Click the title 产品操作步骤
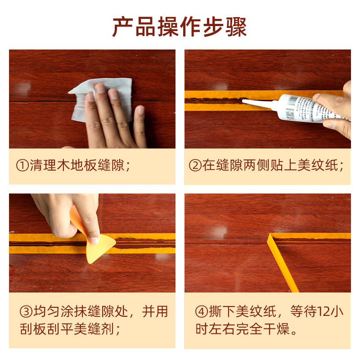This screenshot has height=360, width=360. click(x=180, y=27)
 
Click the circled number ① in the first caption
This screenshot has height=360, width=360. click(x=22, y=166)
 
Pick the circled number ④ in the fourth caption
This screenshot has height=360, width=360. click(x=201, y=312)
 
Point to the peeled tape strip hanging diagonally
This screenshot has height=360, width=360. click(x=283, y=263)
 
